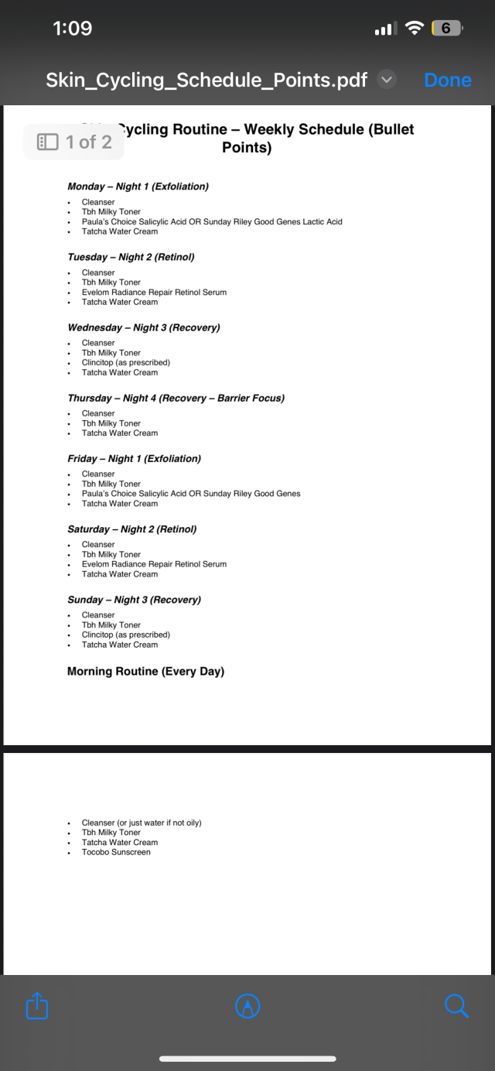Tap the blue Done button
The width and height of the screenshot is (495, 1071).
coord(448,80)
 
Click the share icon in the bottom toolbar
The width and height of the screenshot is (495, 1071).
coord(37,1006)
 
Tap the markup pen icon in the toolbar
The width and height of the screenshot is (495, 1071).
coord(247,1006)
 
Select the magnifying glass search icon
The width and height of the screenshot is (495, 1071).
coord(456,1006)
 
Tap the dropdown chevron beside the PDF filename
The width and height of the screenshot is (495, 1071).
coord(387,80)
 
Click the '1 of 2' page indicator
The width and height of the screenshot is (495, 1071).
coord(74,142)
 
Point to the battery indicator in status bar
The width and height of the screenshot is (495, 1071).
coord(446,29)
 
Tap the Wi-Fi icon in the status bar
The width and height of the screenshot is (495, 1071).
coord(415,29)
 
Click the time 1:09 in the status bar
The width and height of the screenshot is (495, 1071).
coord(72,29)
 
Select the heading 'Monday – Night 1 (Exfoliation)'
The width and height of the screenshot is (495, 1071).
coord(138,186)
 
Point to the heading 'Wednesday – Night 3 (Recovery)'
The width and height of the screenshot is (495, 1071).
coord(144,327)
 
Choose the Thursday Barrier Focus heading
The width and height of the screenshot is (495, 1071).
coord(176,398)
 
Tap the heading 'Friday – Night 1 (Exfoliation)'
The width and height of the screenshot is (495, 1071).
coord(134,458)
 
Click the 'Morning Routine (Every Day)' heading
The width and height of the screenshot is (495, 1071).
coord(145,671)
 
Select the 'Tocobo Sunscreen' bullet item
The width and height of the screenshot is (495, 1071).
coord(116,852)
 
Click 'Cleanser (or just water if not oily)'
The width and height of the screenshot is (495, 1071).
coord(142,823)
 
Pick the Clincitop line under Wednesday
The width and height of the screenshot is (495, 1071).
coord(125,362)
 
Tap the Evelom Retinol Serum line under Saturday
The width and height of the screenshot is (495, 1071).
coord(154,564)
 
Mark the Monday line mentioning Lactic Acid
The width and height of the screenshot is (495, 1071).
coord(212,221)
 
